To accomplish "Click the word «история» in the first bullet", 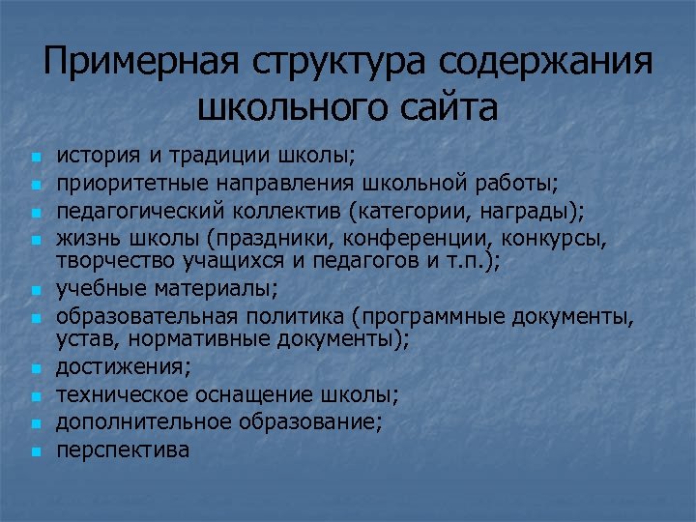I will pos(93,155).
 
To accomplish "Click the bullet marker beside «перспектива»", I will pos(35,450).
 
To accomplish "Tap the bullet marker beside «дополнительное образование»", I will pos(35,422).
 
